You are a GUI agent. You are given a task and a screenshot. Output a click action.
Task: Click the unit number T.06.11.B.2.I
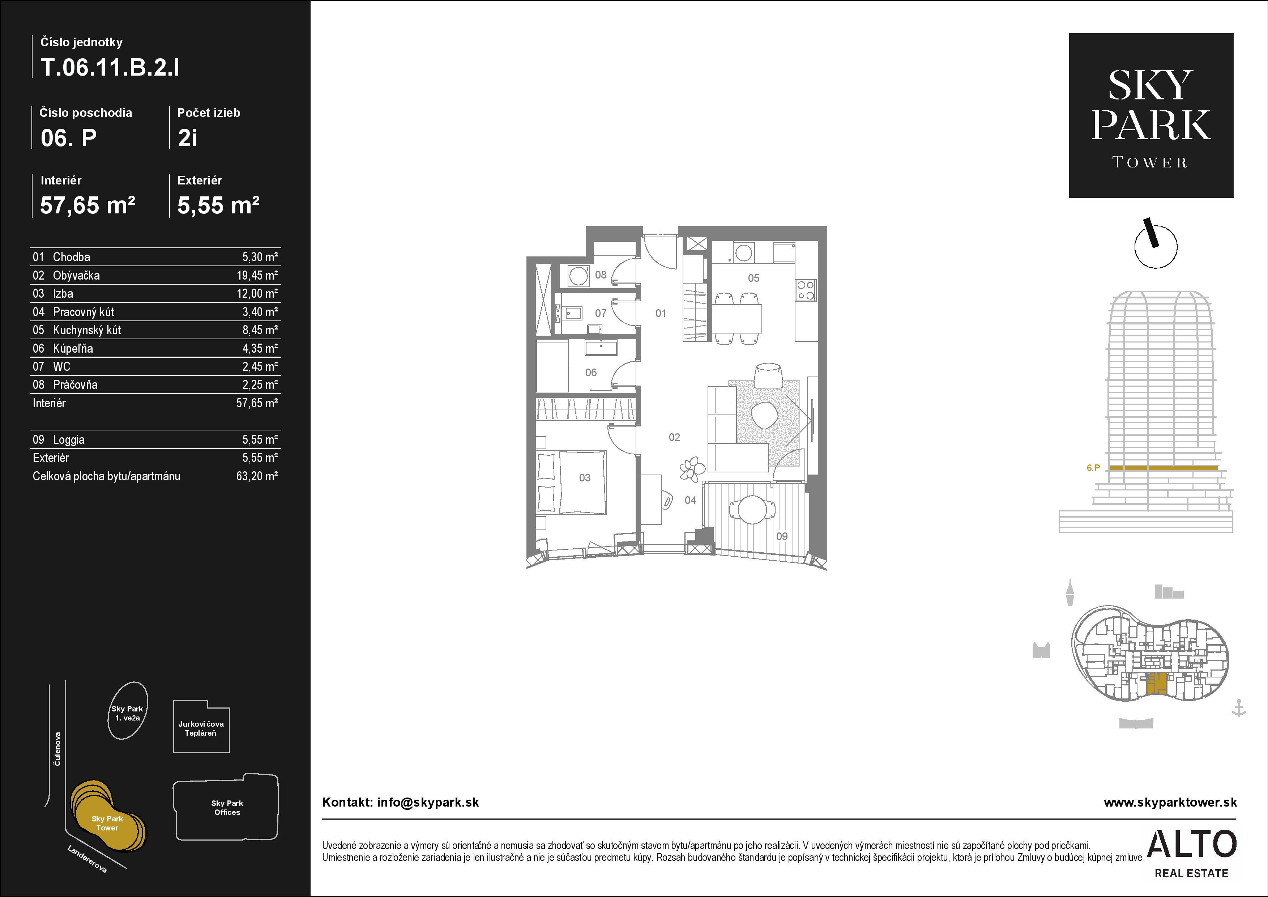[110, 67]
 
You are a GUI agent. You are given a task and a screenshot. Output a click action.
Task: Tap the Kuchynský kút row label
[87, 330]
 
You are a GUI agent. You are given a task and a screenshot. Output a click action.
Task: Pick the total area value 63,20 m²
[257, 476]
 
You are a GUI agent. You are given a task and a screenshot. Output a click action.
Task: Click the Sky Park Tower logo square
[1151, 115]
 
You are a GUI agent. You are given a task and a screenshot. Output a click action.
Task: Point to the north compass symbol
[1155, 245]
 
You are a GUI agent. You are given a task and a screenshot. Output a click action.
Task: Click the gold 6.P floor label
[1093, 468]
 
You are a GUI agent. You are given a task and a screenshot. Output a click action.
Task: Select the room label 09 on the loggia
[781, 536]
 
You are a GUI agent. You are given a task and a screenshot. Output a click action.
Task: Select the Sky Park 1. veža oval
[128, 710]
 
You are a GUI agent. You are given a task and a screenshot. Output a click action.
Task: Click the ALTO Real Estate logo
[1192, 853]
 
